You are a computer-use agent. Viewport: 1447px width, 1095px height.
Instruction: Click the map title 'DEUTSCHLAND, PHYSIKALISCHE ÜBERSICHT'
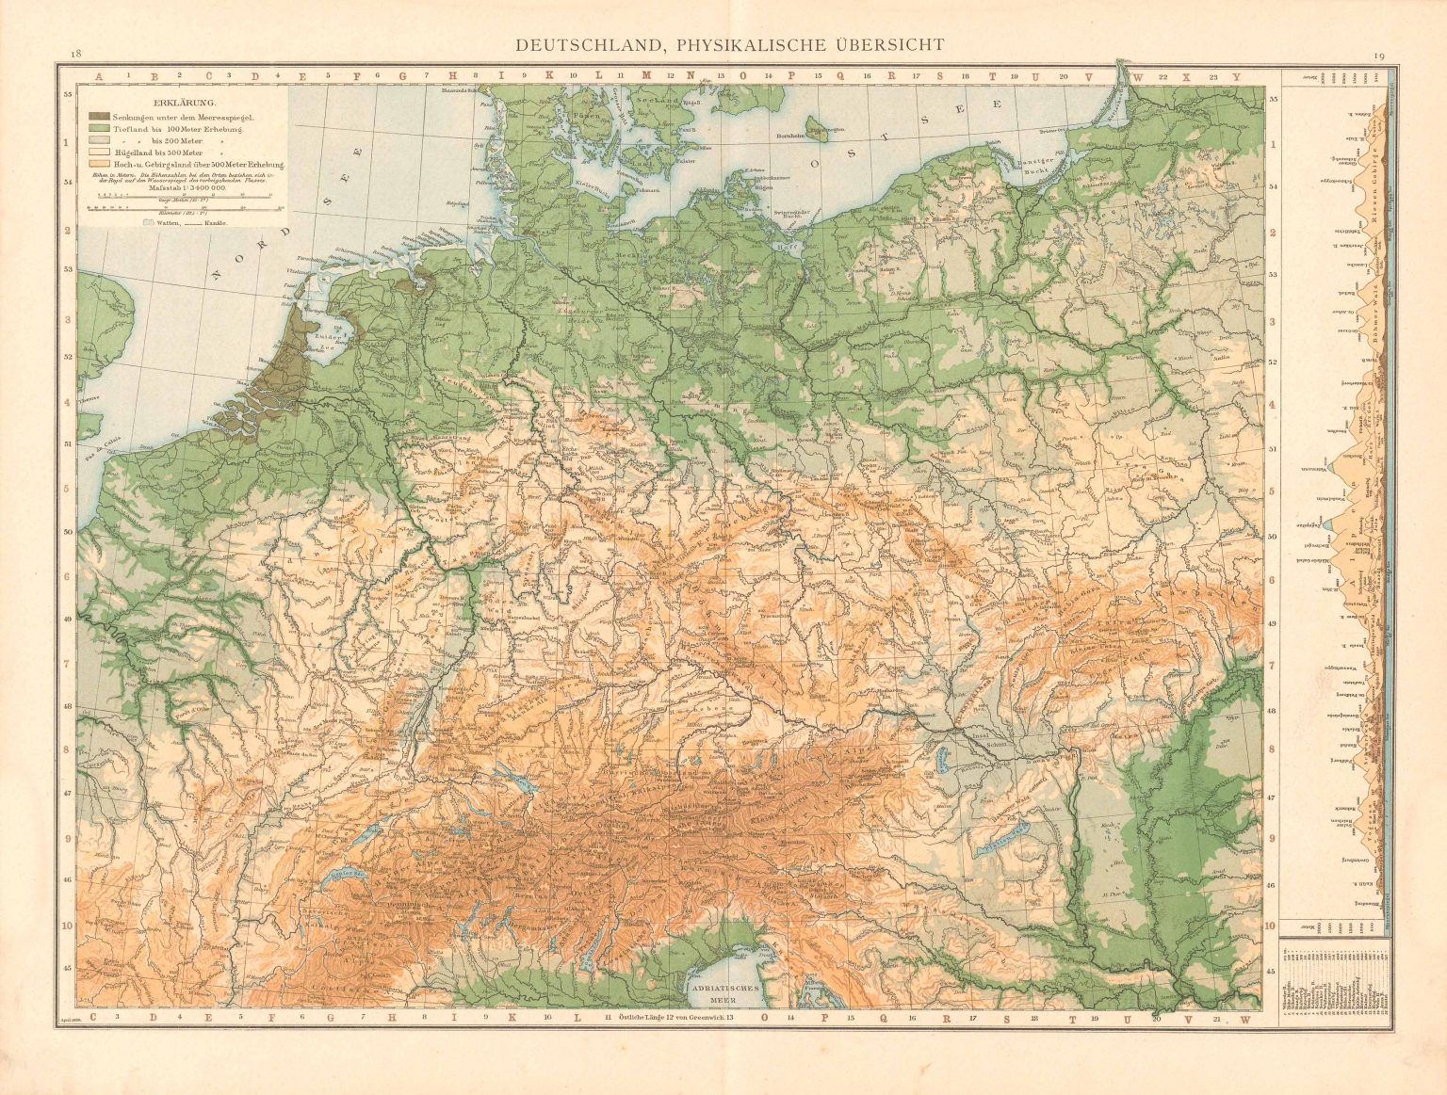(x=723, y=44)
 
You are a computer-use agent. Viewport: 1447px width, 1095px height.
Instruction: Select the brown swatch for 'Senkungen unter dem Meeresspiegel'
(x=99, y=115)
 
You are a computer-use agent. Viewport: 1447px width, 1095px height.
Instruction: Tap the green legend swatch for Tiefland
(x=99, y=127)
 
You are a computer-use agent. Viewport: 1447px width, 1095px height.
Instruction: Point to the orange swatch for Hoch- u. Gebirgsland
(x=99, y=164)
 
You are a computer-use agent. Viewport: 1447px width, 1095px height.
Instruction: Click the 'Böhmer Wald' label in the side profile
(x=1376, y=311)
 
